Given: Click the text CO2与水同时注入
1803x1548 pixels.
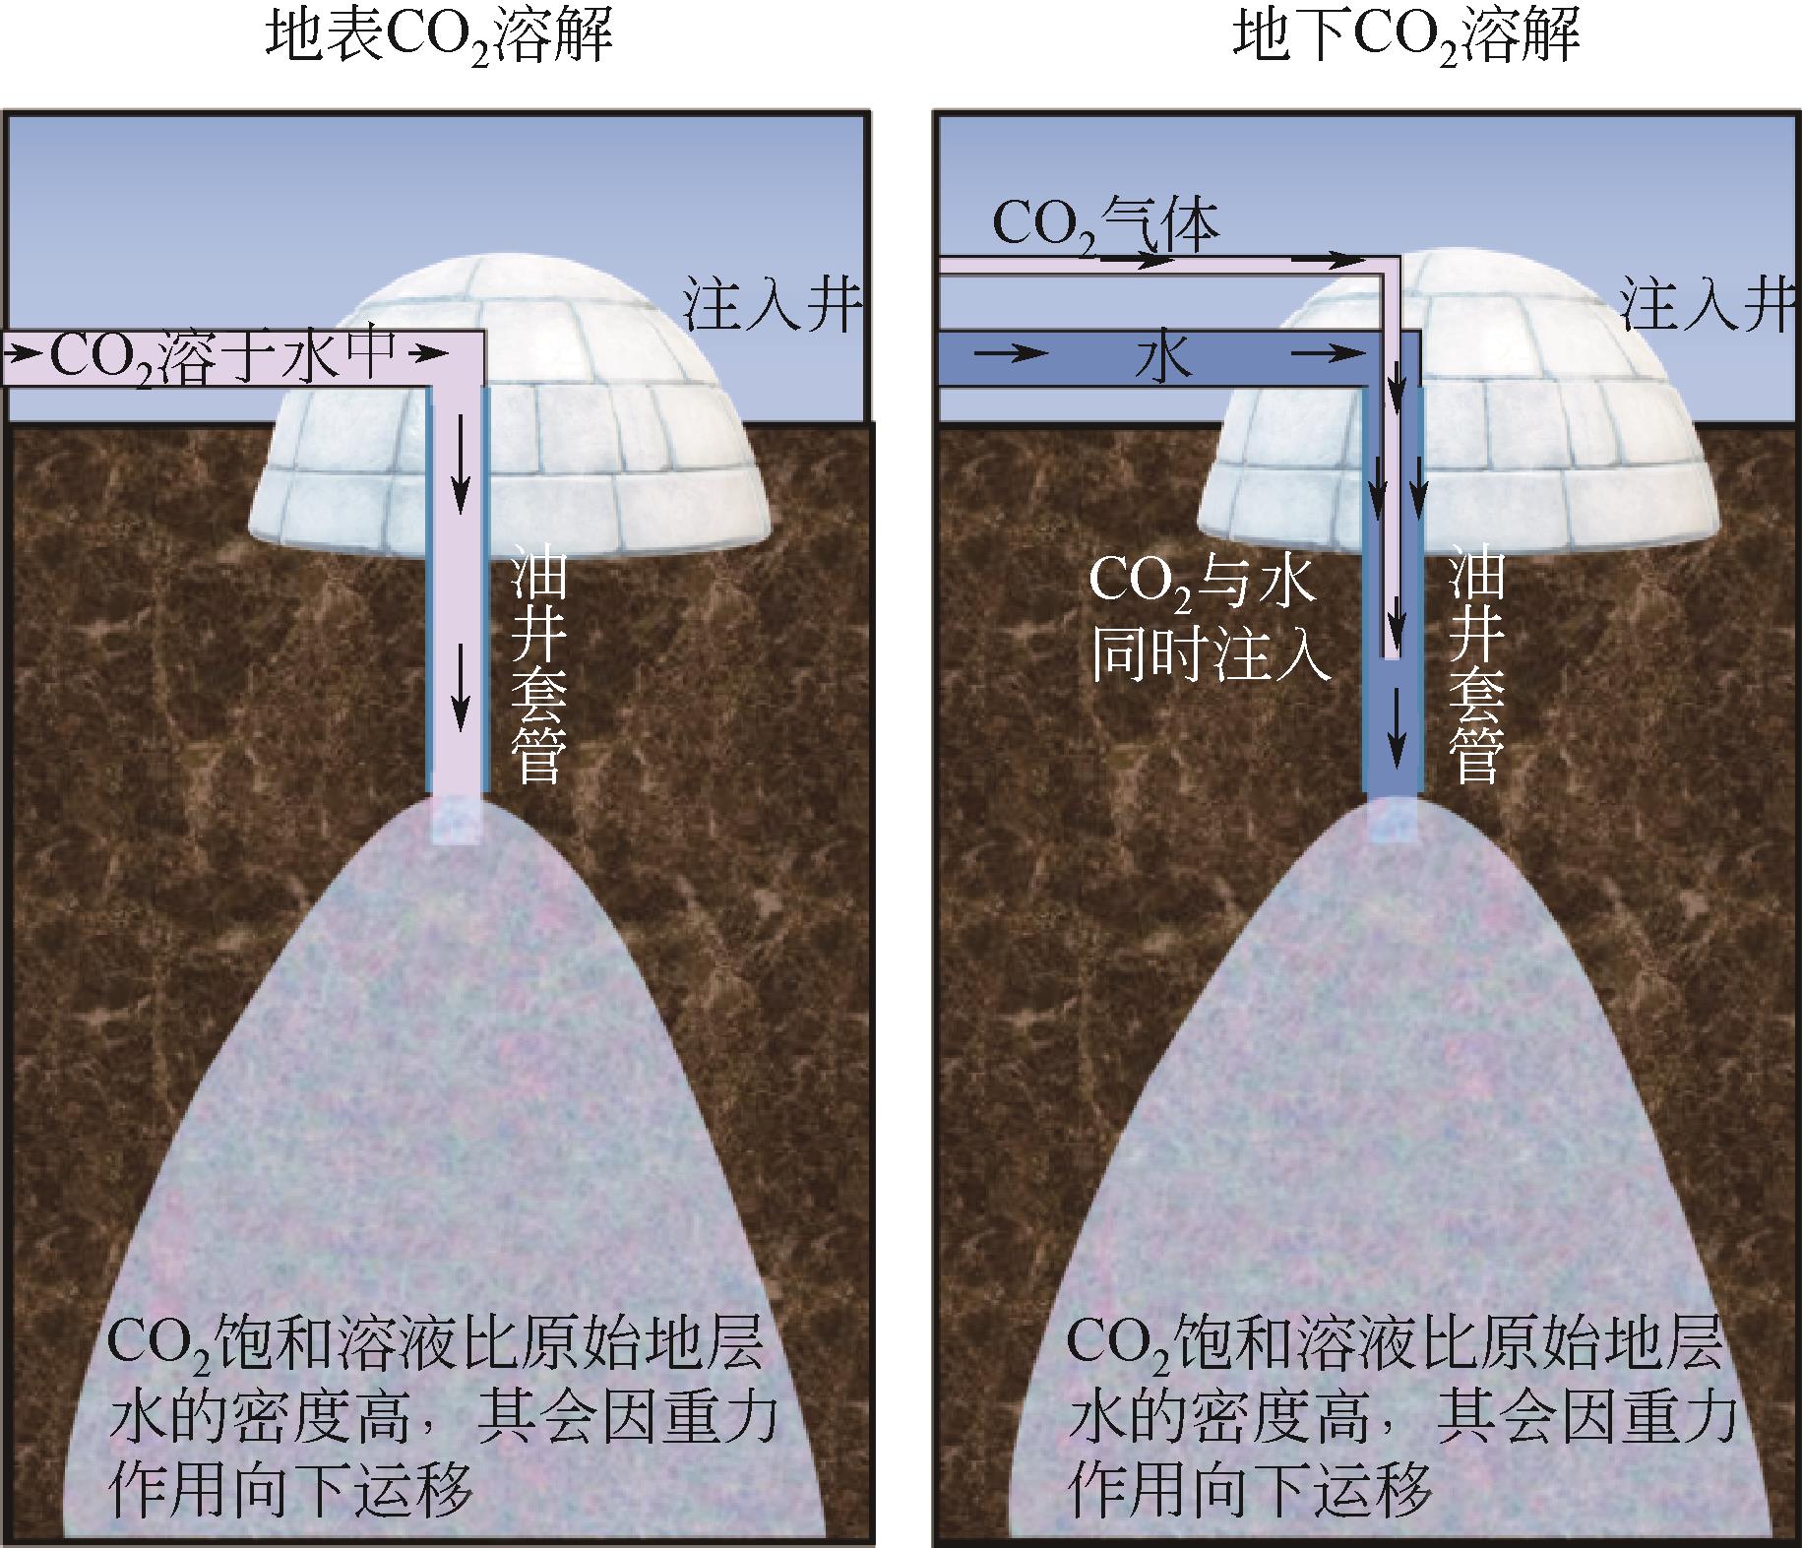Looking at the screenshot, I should (1206, 620).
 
